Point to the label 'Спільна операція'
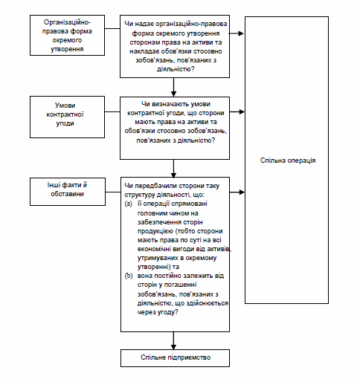click(x=288, y=161)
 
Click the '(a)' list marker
click(x=129, y=204)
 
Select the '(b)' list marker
click(x=129, y=276)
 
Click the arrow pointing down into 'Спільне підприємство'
click(x=173, y=340)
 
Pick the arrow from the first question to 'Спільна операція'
click(x=237, y=33)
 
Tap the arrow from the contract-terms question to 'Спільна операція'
click(x=237, y=112)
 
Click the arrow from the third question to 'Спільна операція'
click(x=237, y=192)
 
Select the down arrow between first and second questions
click(x=173, y=87)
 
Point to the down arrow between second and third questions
click(x=173, y=169)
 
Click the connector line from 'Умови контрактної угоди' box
click(x=112, y=112)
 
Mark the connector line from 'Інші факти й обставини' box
click(x=113, y=192)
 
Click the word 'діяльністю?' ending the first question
click(x=176, y=69)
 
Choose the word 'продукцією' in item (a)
click(x=155, y=231)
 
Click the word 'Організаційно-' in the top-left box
click(x=67, y=22)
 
